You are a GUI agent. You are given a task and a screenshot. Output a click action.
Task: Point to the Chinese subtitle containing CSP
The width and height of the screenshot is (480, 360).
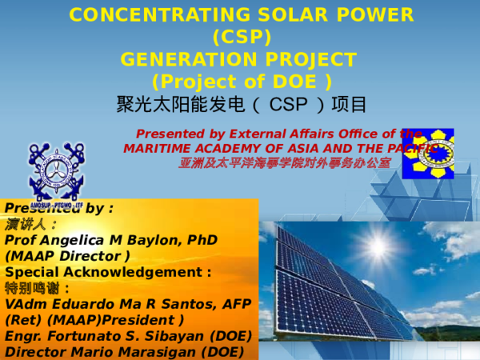[241, 106]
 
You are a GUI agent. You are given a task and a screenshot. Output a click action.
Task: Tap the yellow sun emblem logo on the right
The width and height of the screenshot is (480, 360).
[427, 153]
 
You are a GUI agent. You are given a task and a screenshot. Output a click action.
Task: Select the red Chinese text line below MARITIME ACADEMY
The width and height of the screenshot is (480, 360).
[284, 162]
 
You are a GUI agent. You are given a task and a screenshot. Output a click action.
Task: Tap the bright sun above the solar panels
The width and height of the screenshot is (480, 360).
[376, 246]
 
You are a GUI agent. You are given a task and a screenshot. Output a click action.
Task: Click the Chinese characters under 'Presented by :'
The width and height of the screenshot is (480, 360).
[30, 224]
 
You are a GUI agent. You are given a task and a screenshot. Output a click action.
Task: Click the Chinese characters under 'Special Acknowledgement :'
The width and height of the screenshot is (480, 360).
[37, 288]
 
